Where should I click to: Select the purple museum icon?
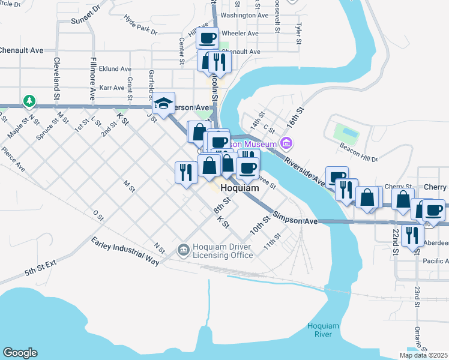click(286, 143)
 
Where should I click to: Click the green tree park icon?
click(28, 101)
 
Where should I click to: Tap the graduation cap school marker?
click(163, 103)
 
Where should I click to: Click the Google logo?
click(20, 353)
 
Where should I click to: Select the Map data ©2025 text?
click(423, 355)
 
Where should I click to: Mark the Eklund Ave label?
click(115, 69)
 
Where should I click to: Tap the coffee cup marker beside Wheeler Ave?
click(208, 38)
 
